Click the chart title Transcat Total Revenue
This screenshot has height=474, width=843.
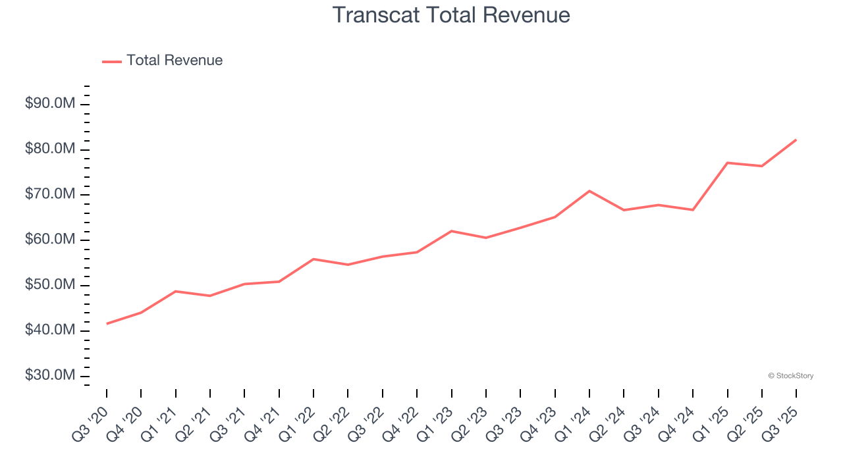click(451, 14)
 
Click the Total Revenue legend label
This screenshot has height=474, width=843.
click(175, 61)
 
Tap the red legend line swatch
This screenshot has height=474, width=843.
click(112, 61)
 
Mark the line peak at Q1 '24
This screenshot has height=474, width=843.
click(589, 191)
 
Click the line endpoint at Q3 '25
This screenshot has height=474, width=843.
click(796, 140)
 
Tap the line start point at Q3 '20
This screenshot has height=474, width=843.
click(107, 323)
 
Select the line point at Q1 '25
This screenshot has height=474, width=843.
click(727, 163)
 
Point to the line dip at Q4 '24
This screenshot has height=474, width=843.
click(693, 210)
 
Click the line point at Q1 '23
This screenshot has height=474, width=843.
click(452, 231)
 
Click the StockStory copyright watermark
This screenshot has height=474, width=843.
click(791, 376)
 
